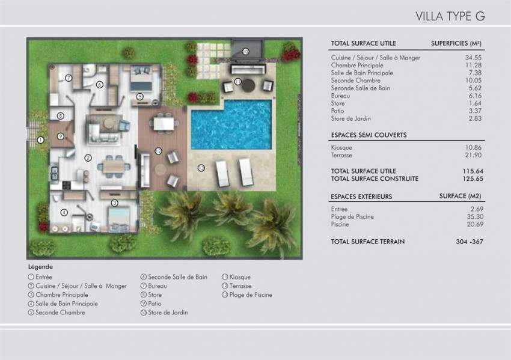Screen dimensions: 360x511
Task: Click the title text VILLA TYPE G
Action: [450, 16]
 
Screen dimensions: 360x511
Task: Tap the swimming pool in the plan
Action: [231, 126]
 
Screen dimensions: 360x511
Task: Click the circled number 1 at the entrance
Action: [40, 140]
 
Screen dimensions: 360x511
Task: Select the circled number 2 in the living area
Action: [88, 158]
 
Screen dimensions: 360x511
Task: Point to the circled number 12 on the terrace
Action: [159, 151]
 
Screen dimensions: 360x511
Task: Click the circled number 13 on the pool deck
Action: [201, 167]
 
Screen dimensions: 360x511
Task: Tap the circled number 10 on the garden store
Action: [245, 52]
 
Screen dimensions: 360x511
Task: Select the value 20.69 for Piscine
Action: [476, 224]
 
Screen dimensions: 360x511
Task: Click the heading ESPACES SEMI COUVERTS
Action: [369, 135]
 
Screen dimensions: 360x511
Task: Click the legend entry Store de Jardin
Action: [168, 313]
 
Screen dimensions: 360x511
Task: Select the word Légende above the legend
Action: [40, 266]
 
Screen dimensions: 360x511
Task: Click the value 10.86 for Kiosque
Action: [476, 147]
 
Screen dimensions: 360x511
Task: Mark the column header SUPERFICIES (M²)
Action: [457, 43]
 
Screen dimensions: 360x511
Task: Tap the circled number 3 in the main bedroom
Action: [114, 203]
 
